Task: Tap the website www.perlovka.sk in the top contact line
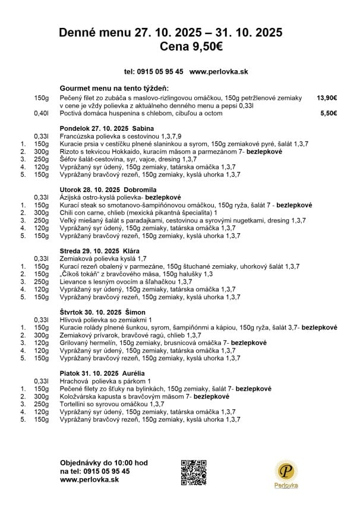[218, 71]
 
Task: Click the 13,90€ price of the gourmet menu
[327, 98]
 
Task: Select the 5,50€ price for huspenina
[329, 113]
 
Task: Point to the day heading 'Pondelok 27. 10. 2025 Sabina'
[107, 128]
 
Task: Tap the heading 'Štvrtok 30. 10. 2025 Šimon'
[103, 312]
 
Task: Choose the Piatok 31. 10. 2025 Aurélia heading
[102, 373]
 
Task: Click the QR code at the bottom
[193, 472]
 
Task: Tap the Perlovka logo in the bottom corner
[286, 474]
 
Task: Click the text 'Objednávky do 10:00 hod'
[104, 463]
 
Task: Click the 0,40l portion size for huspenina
[41, 113]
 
